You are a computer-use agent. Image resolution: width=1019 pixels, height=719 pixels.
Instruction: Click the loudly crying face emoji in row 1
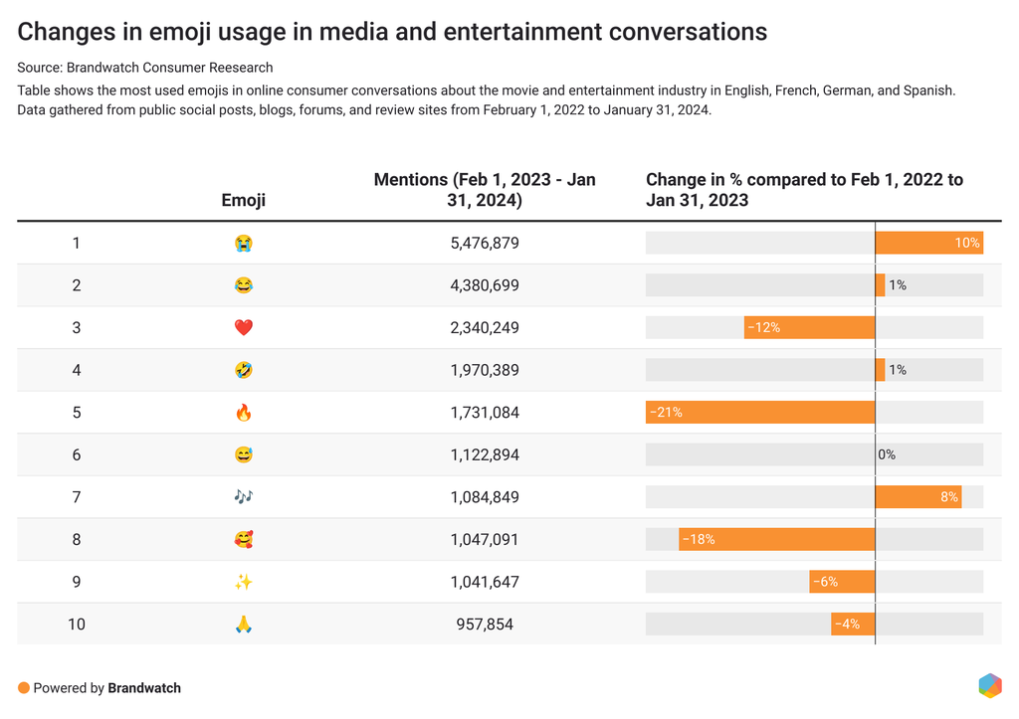(244, 243)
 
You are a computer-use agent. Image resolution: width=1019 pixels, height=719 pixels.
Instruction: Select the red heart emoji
(244, 327)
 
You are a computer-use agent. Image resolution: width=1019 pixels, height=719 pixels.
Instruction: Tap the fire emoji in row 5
(244, 412)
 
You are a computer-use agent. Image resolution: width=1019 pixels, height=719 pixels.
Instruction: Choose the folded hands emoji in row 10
(244, 625)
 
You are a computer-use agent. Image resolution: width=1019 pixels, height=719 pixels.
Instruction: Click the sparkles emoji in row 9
(244, 582)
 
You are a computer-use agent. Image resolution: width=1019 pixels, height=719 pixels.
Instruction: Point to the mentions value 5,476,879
(485, 243)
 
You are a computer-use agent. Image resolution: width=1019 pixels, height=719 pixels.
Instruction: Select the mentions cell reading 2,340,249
(485, 327)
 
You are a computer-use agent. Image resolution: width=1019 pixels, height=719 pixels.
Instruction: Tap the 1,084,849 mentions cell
(485, 497)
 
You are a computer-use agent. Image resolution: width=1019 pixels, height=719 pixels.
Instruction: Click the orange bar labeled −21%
(760, 412)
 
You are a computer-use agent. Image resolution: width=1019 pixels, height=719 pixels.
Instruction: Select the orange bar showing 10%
(928, 243)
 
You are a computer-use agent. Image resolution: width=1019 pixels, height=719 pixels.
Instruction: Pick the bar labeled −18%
(777, 539)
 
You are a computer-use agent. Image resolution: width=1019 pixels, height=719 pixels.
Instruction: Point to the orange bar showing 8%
(917, 497)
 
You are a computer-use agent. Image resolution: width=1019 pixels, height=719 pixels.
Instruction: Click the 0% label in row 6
(887, 454)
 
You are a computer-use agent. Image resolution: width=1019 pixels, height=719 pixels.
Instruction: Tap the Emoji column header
(244, 200)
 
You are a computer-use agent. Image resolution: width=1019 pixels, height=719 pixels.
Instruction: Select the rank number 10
(77, 625)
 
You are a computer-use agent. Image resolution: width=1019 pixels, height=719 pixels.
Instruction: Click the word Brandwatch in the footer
(144, 687)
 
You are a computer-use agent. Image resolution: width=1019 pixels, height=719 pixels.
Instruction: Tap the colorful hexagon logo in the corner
(989, 685)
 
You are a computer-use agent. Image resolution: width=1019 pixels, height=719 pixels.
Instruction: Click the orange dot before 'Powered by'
(24, 687)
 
